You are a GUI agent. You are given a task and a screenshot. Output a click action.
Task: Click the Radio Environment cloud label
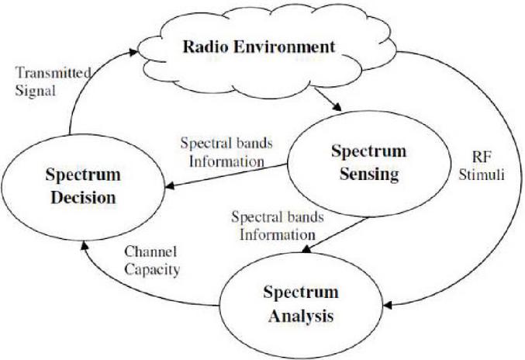(259, 47)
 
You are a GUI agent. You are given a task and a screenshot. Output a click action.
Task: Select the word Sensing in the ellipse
(369, 174)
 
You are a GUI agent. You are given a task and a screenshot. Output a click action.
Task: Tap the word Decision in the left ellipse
(83, 197)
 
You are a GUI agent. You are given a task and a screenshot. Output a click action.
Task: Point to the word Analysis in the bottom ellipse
(301, 316)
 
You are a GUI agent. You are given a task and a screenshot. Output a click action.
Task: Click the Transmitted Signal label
(53, 81)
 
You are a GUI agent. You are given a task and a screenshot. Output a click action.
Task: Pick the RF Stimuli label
(482, 166)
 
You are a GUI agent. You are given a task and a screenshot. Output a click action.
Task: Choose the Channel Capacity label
(152, 261)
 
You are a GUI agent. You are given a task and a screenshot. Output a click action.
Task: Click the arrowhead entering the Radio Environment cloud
(133, 52)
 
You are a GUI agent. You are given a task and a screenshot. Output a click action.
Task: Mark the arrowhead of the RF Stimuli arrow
(388, 305)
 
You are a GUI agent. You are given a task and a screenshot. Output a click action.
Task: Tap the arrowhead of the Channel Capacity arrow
(85, 245)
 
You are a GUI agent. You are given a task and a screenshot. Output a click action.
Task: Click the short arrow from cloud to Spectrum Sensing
(327, 99)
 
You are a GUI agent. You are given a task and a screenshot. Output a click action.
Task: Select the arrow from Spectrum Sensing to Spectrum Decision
(226, 175)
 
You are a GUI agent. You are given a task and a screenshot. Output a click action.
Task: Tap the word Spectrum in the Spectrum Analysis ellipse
(301, 293)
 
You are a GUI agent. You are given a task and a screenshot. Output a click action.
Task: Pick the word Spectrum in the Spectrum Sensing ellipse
(369, 151)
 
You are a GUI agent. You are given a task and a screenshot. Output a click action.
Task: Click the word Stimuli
(482, 175)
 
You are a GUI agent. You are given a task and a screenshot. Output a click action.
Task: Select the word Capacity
(152, 270)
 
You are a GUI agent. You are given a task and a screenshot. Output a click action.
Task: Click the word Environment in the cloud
(284, 47)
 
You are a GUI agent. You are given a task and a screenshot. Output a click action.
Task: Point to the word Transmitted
(53, 73)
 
